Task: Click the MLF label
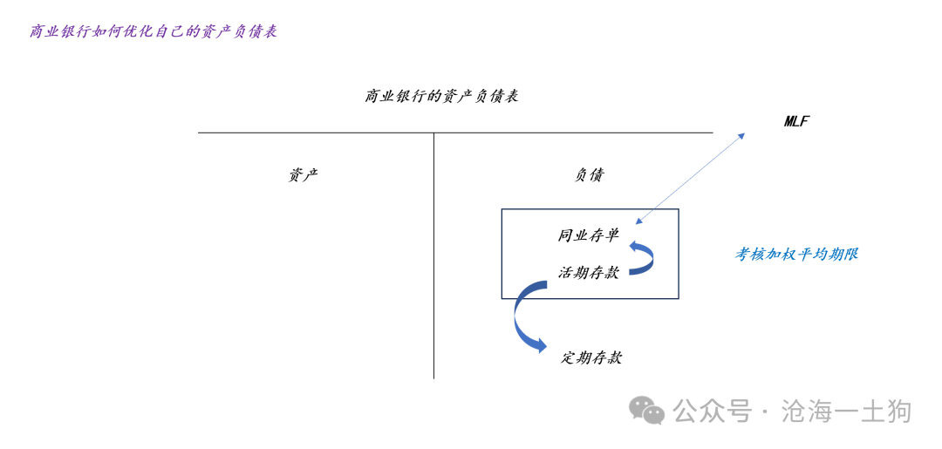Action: pos(796,121)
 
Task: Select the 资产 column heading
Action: pos(303,175)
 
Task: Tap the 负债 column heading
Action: pos(589,175)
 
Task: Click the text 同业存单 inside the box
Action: pos(588,235)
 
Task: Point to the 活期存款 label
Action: pos(588,273)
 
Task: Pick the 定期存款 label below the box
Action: pos(591,358)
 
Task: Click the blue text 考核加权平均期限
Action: pos(796,255)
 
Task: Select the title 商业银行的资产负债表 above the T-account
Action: pos(441,97)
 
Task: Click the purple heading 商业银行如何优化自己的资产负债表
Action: pos(154,31)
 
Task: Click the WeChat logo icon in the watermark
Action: pos(646,410)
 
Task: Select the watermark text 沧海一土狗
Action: pos(846,412)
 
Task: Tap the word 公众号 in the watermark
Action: pos(713,412)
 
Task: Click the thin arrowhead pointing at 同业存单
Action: pos(638,220)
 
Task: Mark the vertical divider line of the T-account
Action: pos(433,255)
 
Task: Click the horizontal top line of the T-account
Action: pos(455,133)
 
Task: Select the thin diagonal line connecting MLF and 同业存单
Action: pos(690,178)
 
